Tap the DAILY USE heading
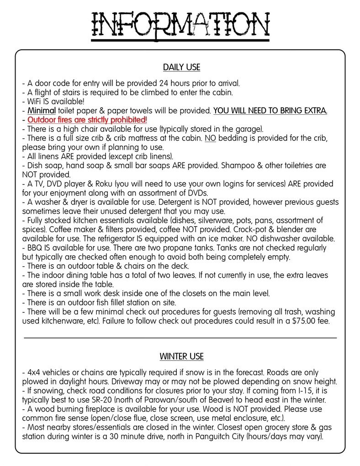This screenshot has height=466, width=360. point(181,68)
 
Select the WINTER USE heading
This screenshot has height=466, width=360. point(181,356)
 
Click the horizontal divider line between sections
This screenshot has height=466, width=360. point(180,338)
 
